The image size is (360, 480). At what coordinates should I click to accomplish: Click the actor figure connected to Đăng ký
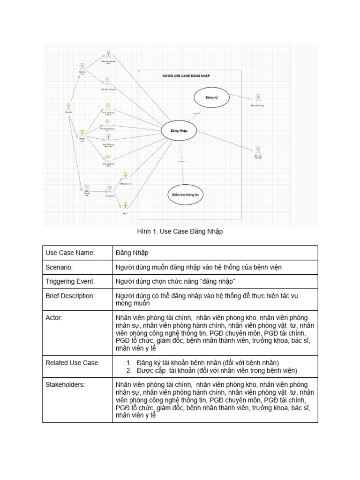257,97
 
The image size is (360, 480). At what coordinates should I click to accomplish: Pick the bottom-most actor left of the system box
125,205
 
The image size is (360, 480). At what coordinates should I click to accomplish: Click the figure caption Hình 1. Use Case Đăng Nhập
180,232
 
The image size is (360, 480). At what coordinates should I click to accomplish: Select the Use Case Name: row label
70,253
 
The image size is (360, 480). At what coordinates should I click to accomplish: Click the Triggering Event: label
70,281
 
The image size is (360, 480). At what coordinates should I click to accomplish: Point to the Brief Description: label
70,296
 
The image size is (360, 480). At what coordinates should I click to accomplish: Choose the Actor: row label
54,318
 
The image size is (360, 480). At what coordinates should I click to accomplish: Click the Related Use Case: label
73,362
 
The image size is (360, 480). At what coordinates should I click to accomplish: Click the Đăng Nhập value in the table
132,253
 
